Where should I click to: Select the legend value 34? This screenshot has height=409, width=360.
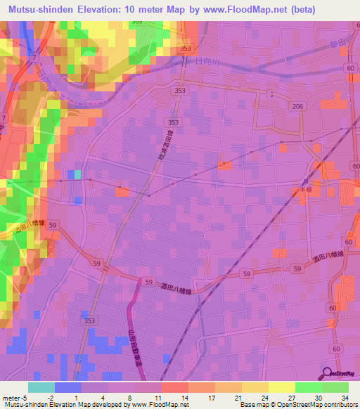pyautogui.click(x=344, y=397)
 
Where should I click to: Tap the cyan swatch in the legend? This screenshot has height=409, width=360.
pyautogui.click(x=41, y=387)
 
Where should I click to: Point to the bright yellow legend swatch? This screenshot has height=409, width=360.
pyautogui.click(x=281, y=387)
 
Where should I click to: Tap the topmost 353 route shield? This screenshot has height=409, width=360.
pyautogui.click(x=185, y=48)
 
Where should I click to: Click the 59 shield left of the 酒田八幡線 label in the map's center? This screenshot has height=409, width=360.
pyautogui.click(x=148, y=281)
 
